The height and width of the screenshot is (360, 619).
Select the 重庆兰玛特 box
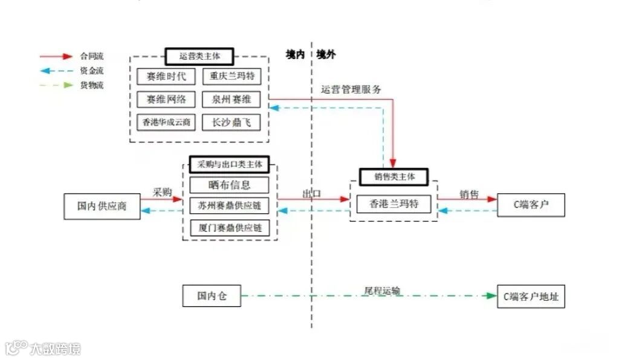click(x=232, y=77)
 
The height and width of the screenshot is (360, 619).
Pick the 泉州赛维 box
click(x=232, y=100)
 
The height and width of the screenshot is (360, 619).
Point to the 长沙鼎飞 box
click(x=232, y=122)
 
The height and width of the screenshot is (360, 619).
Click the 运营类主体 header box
click(x=199, y=57)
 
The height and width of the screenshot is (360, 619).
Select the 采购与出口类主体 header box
click(x=230, y=164)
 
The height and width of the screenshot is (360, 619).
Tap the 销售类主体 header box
click(x=394, y=177)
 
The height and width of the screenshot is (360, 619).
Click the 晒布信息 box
click(x=230, y=185)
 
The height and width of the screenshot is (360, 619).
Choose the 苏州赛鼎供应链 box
click(x=230, y=207)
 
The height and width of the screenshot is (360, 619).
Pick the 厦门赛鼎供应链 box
click(x=230, y=228)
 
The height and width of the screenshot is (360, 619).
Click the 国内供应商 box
click(x=102, y=206)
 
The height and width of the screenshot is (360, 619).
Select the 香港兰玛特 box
click(x=395, y=204)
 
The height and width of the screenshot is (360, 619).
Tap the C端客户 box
click(x=531, y=205)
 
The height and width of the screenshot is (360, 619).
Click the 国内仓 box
click(x=212, y=296)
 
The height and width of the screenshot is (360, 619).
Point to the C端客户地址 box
click(x=531, y=297)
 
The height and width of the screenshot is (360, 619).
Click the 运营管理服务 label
click(x=351, y=90)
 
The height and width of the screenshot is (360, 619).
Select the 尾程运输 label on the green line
click(x=382, y=291)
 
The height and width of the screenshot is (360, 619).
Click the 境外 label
click(x=326, y=55)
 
